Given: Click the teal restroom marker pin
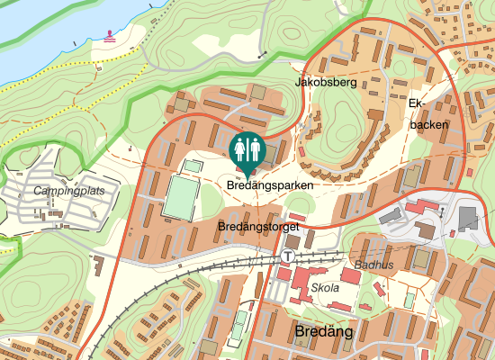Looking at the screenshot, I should click(x=247, y=150).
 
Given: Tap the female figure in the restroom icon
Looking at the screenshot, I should click(x=240, y=148).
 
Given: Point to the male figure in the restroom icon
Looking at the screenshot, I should click(x=253, y=148).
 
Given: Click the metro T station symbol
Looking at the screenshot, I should click(x=287, y=256).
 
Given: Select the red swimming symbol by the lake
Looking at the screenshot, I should click(x=110, y=35).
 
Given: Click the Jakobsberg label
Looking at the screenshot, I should click(x=326, y=83).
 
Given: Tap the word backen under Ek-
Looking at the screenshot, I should click(x=428, y=124).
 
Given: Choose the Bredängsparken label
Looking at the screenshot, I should click(x=270, y=185).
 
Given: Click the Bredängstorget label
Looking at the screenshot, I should click(x=258, y=228).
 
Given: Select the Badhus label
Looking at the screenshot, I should click(x=373, y=265).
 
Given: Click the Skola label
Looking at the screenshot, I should click(x=324, y=288).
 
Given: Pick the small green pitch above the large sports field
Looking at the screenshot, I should click(x=193, y=166).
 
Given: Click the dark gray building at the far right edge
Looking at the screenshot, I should click(x=468, y=218).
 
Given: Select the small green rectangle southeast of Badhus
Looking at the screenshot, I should click(x=409, y=299).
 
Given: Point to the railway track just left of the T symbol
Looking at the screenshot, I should click(x=261, y=259).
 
